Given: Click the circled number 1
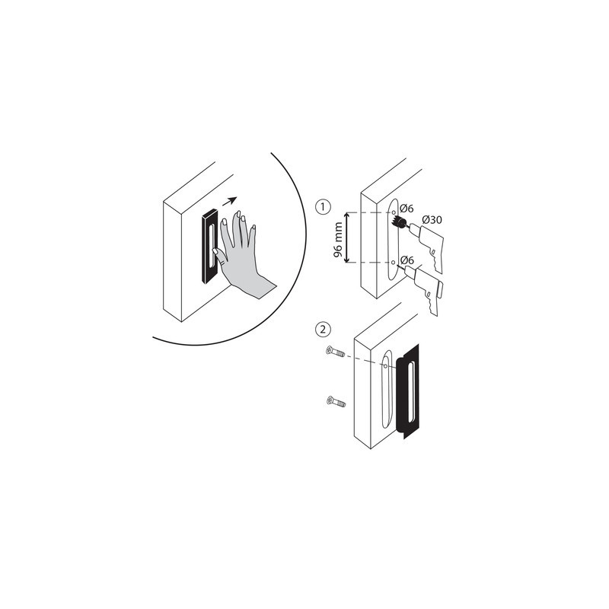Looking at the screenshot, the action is (322, 206).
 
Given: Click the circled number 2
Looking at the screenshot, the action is (322, 330).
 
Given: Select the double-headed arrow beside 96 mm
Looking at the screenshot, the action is (347, 238).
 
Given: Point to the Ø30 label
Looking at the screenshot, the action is (431, 220).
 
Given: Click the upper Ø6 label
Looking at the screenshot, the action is (407, 209).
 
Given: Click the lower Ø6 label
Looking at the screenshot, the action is (407, 260).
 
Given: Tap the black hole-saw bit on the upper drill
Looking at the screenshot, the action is (401, 223).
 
